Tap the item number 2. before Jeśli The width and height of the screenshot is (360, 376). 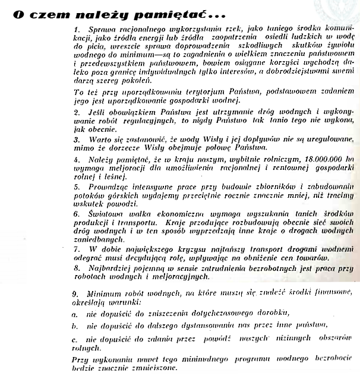tap(77, 112)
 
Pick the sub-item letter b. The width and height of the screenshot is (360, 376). tap(75, 326)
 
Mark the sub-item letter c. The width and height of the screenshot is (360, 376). tap(75, 339)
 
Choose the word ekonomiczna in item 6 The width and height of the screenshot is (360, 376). tap(175, 213)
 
